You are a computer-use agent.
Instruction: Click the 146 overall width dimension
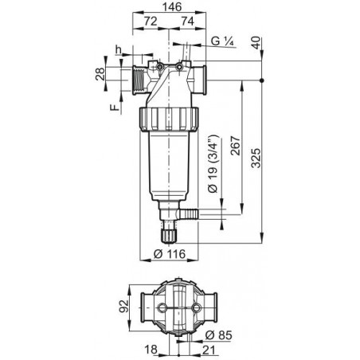[x=172, y=7]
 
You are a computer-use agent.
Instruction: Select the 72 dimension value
[x=151, y=22]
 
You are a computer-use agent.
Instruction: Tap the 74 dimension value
[x=188, y=22]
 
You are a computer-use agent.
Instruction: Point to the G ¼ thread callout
[x=222, y=41]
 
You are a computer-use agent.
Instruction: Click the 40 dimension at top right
[x=256, y=43]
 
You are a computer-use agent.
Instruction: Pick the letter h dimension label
[x=119, y=49]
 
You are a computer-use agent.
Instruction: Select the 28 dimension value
[x=100, y=74]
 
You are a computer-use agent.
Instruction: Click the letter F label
[x=115, y=108]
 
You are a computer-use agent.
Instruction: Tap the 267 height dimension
[x=235, y=146]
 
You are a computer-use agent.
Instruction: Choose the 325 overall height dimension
[x=256, y=158]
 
